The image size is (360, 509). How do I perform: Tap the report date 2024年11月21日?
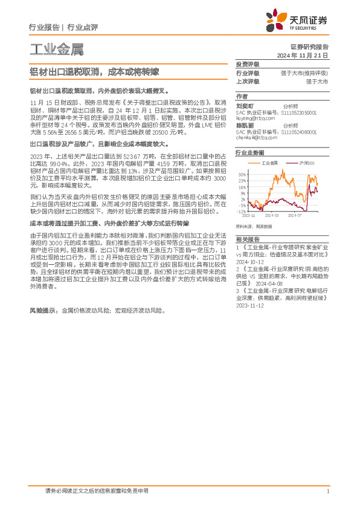pyautogui.click(x=307, y=54)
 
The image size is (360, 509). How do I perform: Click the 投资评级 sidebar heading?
pyautogui.click(x=247, y=64)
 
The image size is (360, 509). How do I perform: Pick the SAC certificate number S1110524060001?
pyautogui.click(x=303, y=131)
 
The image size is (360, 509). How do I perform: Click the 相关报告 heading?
pyautogui.click(x=247, y=223)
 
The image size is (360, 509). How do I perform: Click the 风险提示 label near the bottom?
pyautogui.click(x=44, y=310)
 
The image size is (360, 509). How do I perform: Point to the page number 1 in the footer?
pyautogui.click(x=327, y=491)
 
